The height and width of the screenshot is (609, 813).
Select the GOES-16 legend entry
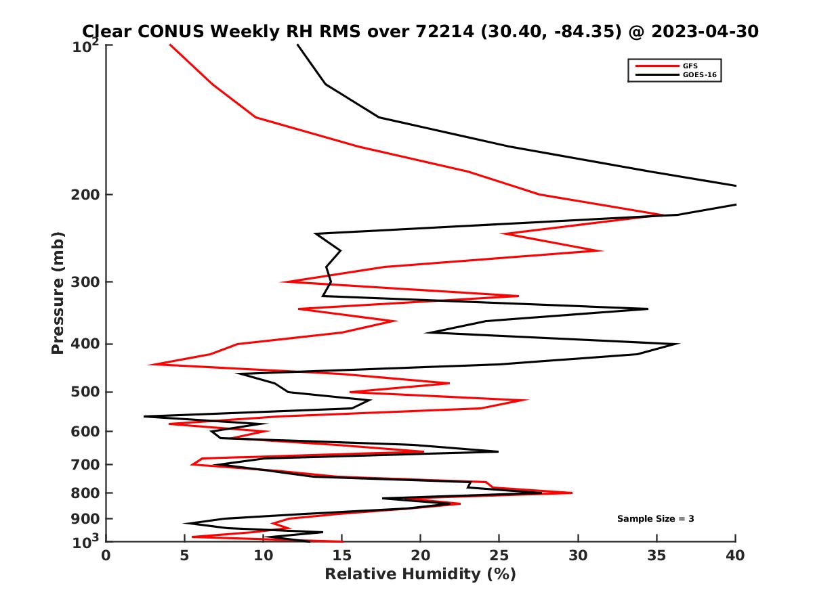[699, 75]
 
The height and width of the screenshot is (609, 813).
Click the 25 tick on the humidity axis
[499, 556]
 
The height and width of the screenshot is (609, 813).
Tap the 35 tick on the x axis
[656, 556]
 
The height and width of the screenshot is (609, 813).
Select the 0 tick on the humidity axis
[106, 556]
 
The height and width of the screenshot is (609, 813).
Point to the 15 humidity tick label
[342, 556]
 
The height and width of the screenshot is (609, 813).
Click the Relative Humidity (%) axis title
[420, 574]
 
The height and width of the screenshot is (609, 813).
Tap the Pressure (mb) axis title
[58, 292]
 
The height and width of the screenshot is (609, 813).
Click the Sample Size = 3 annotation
[655, 519]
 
